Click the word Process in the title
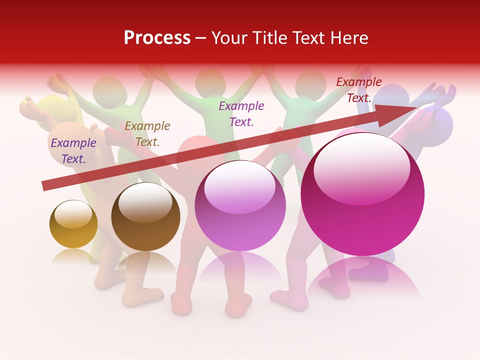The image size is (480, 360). [x=157, y=38]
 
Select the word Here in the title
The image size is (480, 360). [x=348, y=38]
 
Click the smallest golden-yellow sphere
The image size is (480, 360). [x=73, y=224]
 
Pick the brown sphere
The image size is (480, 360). [x=145, y=217]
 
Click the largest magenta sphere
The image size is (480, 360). [x=362, y=195]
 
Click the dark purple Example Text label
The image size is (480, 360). [x=73, y=151]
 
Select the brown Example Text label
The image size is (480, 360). [x=147, y=134]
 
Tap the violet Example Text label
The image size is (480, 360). [x=241, y=113]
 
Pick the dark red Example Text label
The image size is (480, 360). [x=359, y=90]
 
